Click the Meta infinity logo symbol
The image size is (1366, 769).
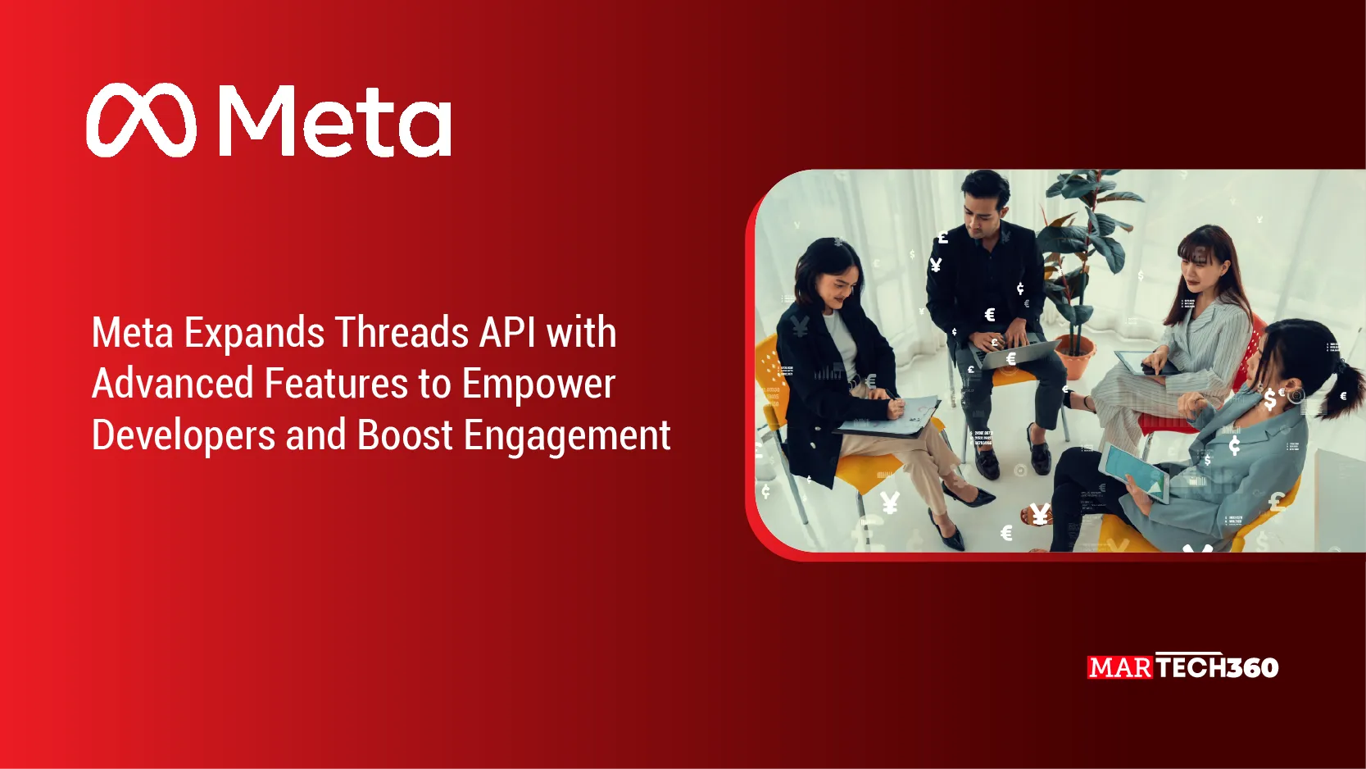(x=141, y=121)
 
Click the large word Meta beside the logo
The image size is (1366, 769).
(x=335, y=122)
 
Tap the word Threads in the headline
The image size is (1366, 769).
(x=402, y=333)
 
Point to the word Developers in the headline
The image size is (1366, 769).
(x=183, y=435)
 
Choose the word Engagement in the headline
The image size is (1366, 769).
(x=567, y=435)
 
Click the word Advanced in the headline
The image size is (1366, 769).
(x=173, y=384)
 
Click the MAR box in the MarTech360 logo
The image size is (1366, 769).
(x=1120, y=668)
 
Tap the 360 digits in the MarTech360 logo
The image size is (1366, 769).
(x=1251, y=668)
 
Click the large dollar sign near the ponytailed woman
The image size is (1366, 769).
(x=1270, y=399)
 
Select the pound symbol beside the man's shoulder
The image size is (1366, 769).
(x=943, y=238)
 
